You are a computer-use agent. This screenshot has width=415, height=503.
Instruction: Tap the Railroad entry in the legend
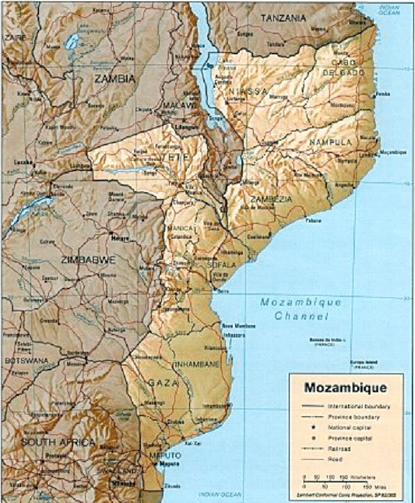pos(349,448)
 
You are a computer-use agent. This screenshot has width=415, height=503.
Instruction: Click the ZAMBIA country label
pos(114,79)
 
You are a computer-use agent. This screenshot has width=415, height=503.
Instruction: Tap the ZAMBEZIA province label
pos(271,199)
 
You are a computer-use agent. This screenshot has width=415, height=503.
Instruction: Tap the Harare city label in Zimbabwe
pos(117,238)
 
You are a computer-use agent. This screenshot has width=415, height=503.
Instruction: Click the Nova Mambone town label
pos(236,327)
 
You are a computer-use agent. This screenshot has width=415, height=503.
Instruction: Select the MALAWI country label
pos(176,105)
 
